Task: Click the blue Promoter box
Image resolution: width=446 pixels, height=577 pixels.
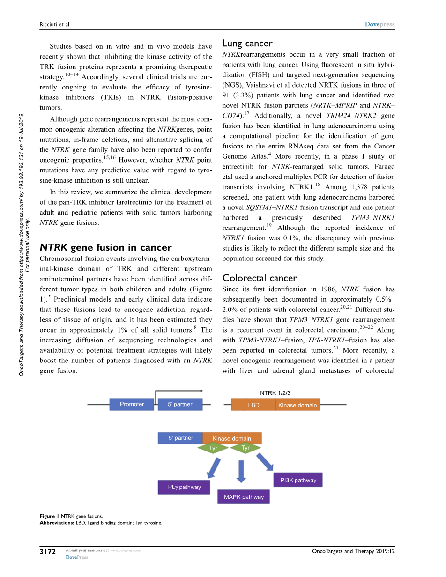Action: pos(132,404)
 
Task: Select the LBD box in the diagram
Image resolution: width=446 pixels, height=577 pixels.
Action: pos(253,405)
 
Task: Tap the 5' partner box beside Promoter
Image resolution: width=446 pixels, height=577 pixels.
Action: pos(180,404)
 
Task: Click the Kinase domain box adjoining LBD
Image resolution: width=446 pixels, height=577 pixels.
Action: pos(297,405)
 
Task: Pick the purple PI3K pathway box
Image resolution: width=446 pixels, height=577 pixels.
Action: pos(298,480)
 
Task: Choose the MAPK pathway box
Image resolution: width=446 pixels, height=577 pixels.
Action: pos(244,497)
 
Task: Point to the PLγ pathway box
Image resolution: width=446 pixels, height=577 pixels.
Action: pos(184,487)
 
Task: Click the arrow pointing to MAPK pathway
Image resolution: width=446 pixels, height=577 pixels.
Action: pos(241,471)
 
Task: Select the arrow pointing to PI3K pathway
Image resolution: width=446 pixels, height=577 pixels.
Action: pos(265,461)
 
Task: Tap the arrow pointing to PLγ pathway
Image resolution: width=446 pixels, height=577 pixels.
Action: pos(214,468)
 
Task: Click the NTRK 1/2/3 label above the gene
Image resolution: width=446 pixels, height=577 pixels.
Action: pos(278,393)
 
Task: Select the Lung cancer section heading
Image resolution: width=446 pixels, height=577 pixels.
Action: pos(247,44)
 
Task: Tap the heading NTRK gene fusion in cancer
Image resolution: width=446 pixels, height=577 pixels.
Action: pos(105,247)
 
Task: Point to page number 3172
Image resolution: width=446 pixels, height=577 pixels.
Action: pos(48,552)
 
